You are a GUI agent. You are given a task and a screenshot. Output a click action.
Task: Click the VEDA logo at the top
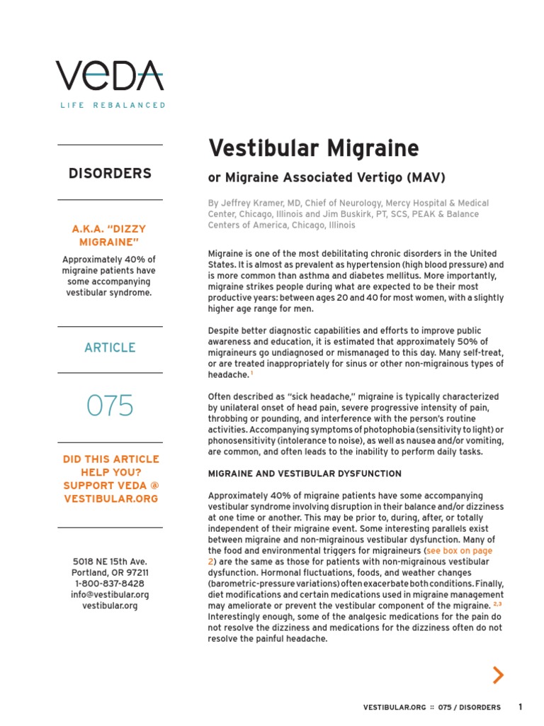[110, 76]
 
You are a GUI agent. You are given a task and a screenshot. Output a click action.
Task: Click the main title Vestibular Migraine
[313, 149]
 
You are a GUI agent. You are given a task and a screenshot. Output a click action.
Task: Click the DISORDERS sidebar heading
[110, 173]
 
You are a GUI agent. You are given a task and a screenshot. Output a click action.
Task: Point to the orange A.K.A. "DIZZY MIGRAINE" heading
[110, 236]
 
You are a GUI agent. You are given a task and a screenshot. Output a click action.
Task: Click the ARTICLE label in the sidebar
[110, 347]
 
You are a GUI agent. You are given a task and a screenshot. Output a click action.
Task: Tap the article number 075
[110, 406]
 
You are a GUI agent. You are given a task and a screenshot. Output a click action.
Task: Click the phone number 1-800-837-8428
[110, 583]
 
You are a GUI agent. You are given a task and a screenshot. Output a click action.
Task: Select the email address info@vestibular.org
[110, 595]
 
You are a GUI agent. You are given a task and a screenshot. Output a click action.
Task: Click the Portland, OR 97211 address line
[110, 573]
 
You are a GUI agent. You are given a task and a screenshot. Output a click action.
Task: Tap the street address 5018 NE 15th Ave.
[110, 562]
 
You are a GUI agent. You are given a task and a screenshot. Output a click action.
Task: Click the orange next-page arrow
[499, 676]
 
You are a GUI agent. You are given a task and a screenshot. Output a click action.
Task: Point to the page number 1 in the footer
[520, 707]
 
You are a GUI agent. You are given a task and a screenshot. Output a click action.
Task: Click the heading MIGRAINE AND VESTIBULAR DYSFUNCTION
[305, 474]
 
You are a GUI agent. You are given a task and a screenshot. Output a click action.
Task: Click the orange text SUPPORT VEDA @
[110, 486]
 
